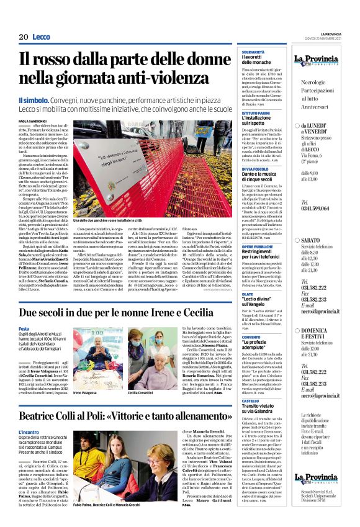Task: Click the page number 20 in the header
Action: click(24, 37)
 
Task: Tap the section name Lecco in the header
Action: click(41, 37)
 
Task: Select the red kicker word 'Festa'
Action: click(24, 328)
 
